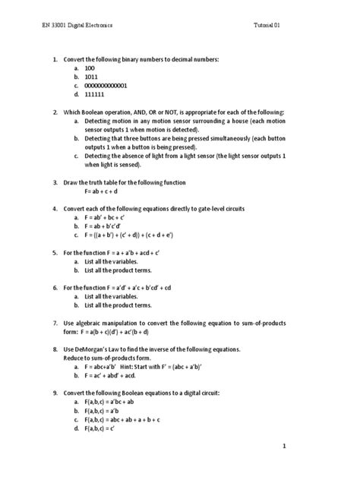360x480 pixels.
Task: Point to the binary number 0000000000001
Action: click(x=111, y=86)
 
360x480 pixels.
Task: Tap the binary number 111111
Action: click(x=96, y=95)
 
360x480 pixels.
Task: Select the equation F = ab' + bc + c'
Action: click(x=110, y=217)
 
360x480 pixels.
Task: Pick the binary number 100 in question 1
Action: click(x=90, y=68)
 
